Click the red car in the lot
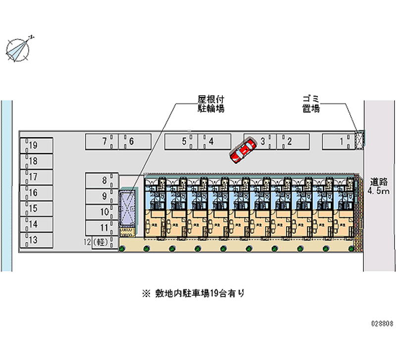click(x=243, y=150)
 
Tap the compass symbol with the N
click(x=19, y=49)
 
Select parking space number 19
click(x=37, y=146)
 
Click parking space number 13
click(x=37, y=240)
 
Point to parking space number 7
click(x=101, y=142)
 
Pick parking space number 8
click(x=101, y=181)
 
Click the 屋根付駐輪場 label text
click(x=208, y=103)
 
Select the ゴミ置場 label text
click(x=311, y=103)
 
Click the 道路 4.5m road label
click(x=379, y=186)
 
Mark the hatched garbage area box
click(x=360, y=140)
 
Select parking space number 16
click(x=37, y=193)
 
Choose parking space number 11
click(x=101, y=228)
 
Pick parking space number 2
click(x=292, y=142)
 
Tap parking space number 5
click(x=181, y=142)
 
